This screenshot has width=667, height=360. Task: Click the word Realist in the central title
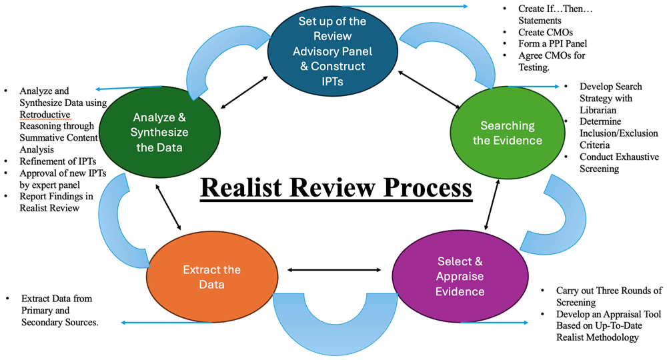coord(254,187)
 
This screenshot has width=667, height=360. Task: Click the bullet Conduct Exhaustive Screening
coord(618,163)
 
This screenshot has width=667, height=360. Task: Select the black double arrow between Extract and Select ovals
coord(333,270)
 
